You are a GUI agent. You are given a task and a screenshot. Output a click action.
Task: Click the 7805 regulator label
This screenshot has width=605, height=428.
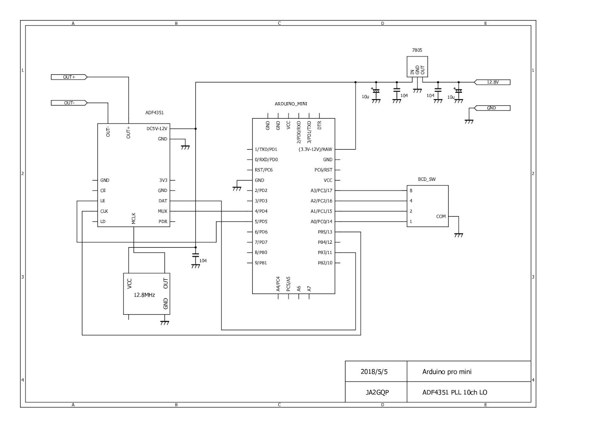pyautogui.click(x=417, y=50)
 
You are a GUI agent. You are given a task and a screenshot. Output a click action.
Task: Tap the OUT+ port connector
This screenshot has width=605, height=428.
pyautogui.click(x=69, y=77)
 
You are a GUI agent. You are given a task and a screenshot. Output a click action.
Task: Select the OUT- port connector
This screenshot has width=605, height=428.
pyautogui.click(x=69, y=103)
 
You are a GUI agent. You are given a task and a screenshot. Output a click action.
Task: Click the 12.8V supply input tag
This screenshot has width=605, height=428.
pyautogui.click(x=492, y=82)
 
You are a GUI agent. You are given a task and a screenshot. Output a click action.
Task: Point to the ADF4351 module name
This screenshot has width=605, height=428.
pyautogui.click(x=154, y=113)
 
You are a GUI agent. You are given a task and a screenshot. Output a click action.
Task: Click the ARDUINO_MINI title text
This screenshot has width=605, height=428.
pyautogui.click(x=291, y=104)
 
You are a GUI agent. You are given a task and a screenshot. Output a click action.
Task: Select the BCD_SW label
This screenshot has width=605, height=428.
pyautogui.click(x=427, y=179)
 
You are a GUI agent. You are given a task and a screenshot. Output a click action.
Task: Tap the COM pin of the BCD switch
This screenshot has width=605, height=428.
pyautogui.click(x=441, y=216)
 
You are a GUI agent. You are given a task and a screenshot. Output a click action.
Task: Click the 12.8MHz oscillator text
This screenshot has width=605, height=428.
pyautogui.click(x=144, y=295)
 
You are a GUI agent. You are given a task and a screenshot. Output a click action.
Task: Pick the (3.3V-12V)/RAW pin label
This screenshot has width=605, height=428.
pyautogui.click(x=315, y=149)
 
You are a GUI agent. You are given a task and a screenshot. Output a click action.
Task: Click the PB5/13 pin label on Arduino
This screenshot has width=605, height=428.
pyautogui.click(x=325, y=232)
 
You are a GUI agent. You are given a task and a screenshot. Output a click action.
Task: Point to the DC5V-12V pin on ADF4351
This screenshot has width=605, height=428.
pyautogui.click(x=157, y=129)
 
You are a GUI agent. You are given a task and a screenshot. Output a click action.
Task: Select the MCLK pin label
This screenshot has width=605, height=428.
pyautogui.click(x=134, y=219)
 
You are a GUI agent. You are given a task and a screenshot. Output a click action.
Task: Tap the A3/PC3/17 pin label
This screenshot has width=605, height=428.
pyautogui.click(x=321, y=191)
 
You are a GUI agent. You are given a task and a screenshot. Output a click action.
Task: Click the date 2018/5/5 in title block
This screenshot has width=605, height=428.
pyautogui.click(x=374, y=372)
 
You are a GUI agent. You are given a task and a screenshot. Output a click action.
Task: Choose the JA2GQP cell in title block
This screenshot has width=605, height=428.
pyautogui.click(x=377, y=392)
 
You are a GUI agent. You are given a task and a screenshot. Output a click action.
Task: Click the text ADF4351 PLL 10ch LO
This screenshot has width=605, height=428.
pyautogui.click(x=455, y=392)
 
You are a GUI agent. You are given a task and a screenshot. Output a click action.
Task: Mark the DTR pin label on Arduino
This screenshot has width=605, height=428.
pyautogui.click(x=320, y=125)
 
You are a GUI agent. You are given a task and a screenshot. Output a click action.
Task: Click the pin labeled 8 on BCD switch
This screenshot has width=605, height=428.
pyautogui.click(x=411, y=191)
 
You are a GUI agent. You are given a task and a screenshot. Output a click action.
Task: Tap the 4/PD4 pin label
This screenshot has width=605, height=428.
pyautogui.click(x=261, y=212)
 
